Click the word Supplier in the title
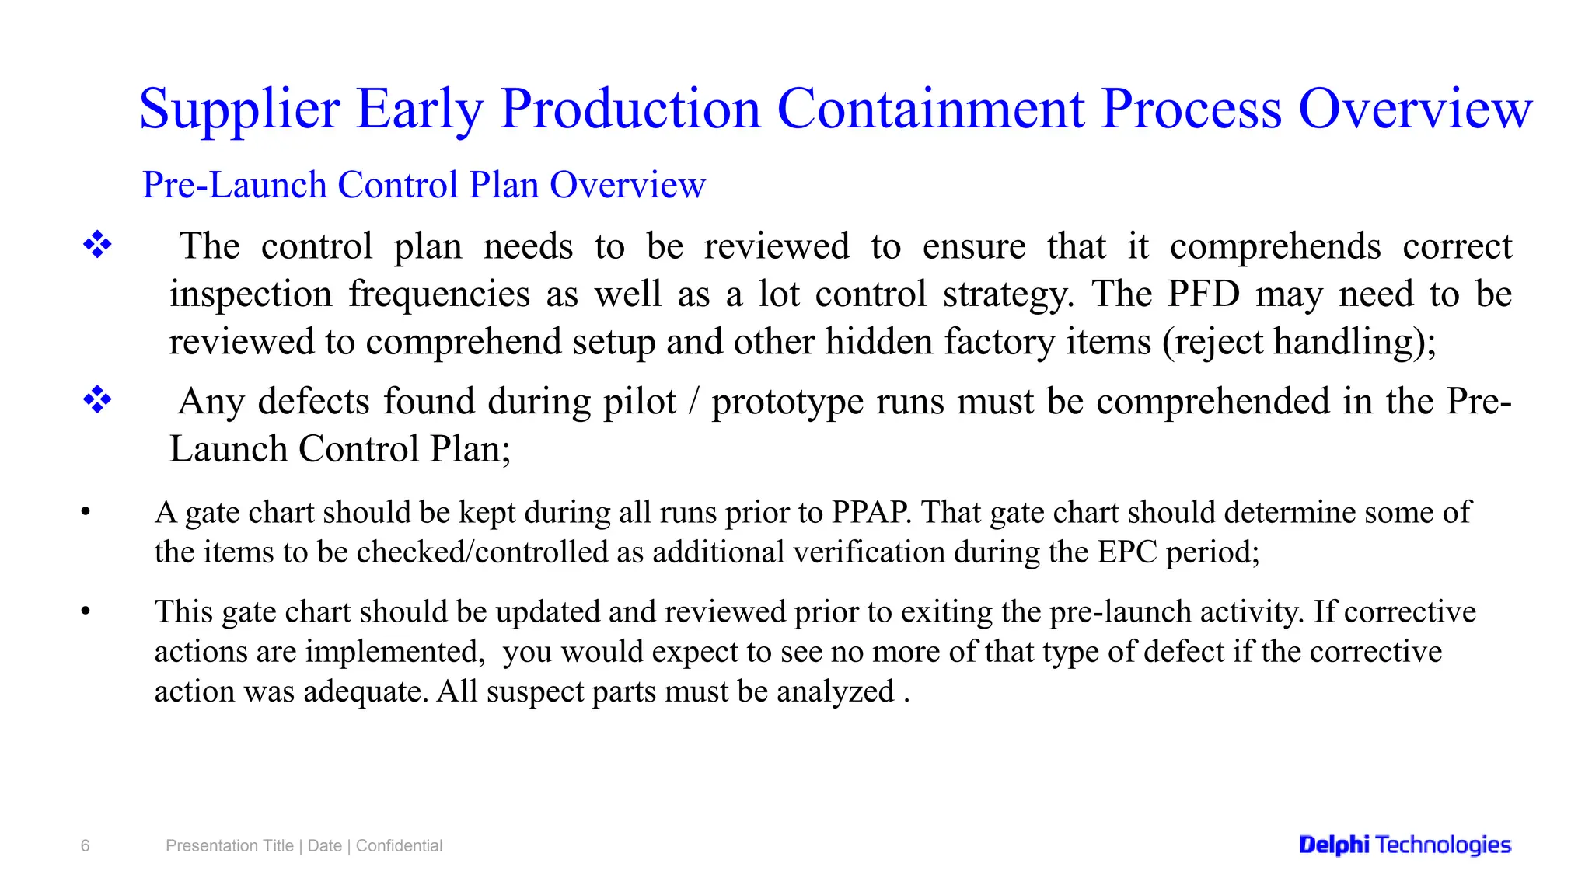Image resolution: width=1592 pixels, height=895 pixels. coord(239,109)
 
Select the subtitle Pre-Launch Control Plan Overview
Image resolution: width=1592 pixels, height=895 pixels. coord(424,186)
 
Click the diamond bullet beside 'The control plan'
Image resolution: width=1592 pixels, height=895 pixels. coord(98,246)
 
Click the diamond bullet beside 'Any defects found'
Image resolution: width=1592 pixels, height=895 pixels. coord(98,401)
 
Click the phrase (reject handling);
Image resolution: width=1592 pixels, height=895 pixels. coord(1299,342)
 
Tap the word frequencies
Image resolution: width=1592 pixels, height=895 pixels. coord(439,294)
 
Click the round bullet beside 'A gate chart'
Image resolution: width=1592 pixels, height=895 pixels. coord(86,512)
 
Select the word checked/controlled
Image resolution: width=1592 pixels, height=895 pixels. coord(482,552)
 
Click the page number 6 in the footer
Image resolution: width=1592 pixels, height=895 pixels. coord(86,846)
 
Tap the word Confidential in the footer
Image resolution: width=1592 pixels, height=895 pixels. coord(399,846)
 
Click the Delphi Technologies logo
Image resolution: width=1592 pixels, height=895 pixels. coord(1405,845)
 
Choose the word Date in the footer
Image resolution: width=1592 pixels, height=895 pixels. coord(324,846)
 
